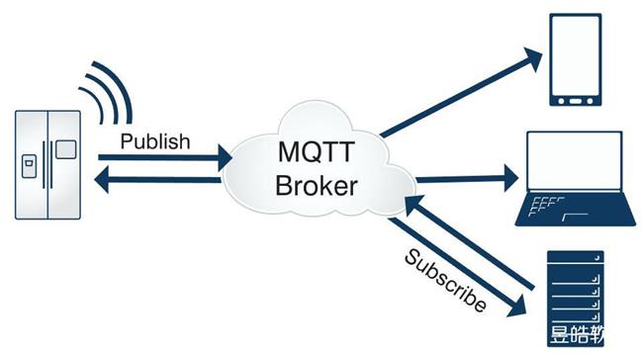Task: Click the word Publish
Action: [x=154, y=141]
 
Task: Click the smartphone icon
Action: [x=574, y=60]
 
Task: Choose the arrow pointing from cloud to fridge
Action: [x=158, y=179]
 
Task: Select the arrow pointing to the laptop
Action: [x=465, y=179]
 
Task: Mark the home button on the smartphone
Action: [x=574, y=101]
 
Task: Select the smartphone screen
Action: [x=574, y=55]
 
